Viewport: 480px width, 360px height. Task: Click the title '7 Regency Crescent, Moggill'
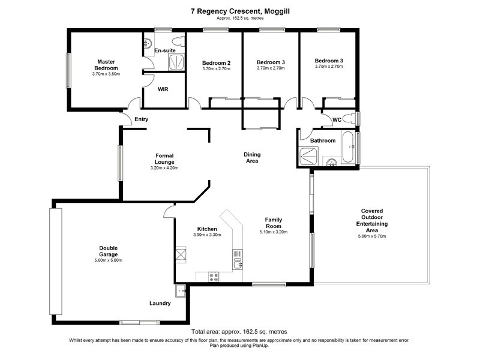239,9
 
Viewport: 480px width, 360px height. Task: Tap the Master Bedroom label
106,65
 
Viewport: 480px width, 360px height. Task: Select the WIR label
163,89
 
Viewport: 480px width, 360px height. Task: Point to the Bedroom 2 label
216,63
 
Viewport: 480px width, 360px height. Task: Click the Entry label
141,119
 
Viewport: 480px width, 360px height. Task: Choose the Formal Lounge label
164,159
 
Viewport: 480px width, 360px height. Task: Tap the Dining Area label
252,158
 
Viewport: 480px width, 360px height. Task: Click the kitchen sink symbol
237,262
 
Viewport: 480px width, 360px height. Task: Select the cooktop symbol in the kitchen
213,277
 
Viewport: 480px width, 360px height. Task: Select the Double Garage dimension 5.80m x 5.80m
108,260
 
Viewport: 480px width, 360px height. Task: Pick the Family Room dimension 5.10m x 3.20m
274,232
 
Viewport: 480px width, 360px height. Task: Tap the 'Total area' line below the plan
239,332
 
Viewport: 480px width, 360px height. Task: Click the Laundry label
160,304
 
